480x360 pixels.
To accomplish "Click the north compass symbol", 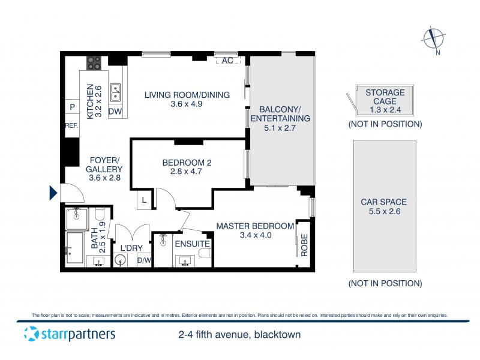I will [x=432, y=38].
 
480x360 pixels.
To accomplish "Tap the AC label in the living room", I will [x=227, y=61].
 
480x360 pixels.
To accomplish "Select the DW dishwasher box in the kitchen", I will [x=115, y=112].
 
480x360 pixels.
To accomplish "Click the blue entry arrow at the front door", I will [x=53, y=193].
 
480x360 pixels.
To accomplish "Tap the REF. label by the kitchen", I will [x=72, y=126].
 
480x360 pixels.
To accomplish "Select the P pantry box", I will [x=72, y=107].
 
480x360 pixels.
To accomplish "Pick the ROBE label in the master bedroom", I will [x=304, y=245].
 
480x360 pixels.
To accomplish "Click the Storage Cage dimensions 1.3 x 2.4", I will [x=385, y=110].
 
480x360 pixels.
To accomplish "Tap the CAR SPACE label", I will [x=383, y=202].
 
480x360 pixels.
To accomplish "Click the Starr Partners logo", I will [x=70, y=334].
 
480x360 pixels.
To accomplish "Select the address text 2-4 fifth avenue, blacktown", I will [x=239, y=335].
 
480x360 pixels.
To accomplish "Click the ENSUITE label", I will [x=192, y=244].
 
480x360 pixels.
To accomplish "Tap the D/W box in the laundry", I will [x=144, y=260].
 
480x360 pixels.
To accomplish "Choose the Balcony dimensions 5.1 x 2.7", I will [x=280, y=128].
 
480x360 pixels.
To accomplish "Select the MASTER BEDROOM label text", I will [x=255, y=226].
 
